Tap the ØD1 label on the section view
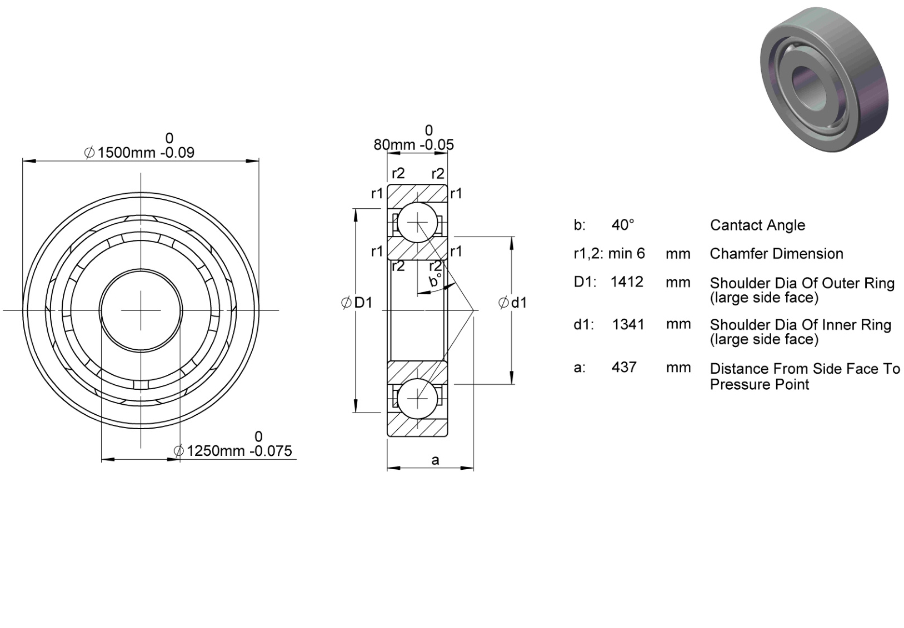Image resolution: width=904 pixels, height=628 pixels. click(x=357, y=303)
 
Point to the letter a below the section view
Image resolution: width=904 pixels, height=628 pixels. click(x=435, y=460)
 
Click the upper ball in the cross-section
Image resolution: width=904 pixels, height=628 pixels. click(x=417, y=222)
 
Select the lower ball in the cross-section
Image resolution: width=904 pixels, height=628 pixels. click(x=417, y=399)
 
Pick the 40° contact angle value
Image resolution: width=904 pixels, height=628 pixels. click(x=623, y=225)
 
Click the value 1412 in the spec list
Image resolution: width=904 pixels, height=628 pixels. click(x=627, y=282)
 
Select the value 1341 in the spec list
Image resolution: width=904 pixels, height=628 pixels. click(x=628, y=324)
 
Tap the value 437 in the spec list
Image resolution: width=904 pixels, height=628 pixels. click(x=624, y=367)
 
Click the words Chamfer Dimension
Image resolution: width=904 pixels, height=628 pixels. click(x=776, y=254)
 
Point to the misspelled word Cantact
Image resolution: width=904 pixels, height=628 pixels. click(x=731, y=225)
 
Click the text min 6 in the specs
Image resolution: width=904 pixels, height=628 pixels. click(x=627, y=254)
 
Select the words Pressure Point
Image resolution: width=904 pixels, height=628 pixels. click(x=760, y=384)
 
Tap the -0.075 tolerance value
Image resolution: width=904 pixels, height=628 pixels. click(x=271, y=450)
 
